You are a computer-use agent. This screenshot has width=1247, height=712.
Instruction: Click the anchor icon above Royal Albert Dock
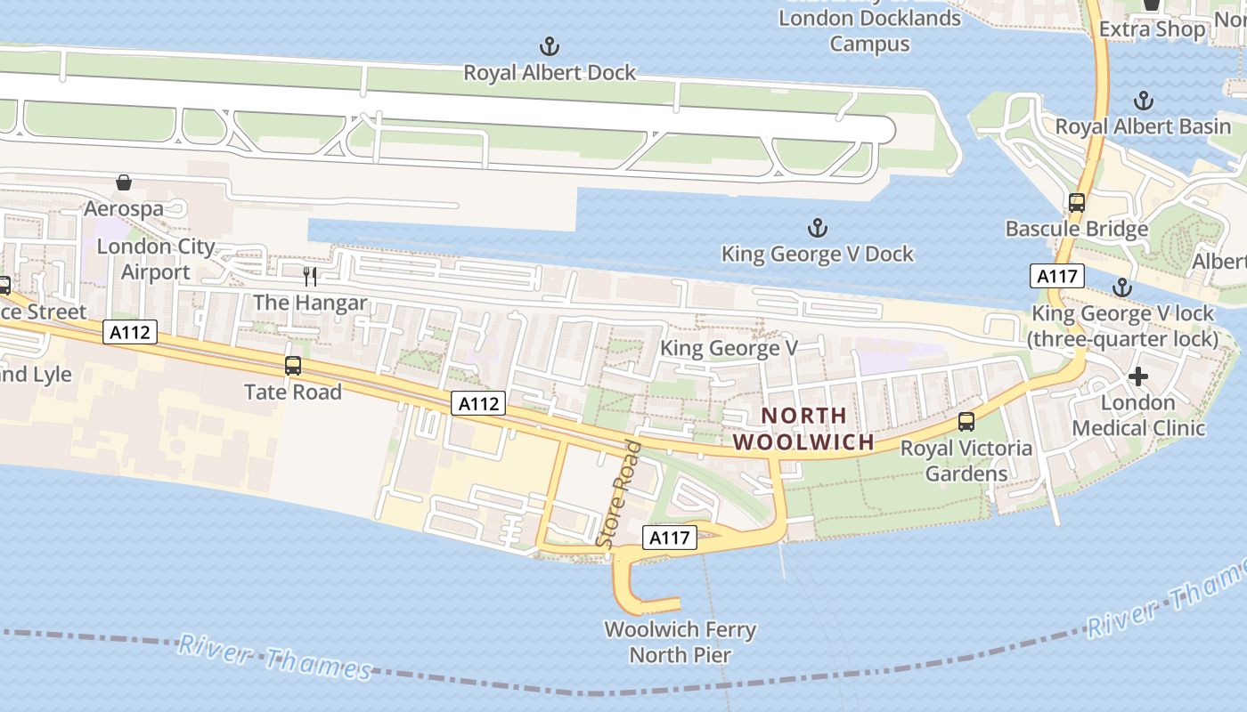(x=550, y=45)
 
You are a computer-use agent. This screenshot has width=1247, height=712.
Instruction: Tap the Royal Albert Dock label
(x=550, y=73)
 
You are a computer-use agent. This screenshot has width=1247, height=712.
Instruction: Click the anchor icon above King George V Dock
(x=817, y=228)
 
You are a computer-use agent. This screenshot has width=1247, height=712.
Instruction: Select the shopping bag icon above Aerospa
(x=124, y=182)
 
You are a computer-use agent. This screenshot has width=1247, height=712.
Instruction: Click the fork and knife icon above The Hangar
(x=310, y=276)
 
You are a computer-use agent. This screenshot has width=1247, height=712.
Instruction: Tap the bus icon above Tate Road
(x=293, y=365)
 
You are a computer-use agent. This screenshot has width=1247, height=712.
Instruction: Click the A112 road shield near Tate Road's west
(x=130, y=333)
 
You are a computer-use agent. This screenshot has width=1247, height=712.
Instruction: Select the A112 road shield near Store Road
(x=477, y=403)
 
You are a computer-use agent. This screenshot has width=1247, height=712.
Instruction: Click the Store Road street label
(x=618, y=494)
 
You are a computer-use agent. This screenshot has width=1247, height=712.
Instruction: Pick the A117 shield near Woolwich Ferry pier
(x=669, y=538)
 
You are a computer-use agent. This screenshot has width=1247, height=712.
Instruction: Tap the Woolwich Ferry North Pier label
(x=681, y=643)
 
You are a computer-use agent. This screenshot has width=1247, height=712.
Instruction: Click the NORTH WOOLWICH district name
(x=803, y=429)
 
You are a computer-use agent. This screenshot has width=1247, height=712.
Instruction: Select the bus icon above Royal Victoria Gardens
(x=966, y=422)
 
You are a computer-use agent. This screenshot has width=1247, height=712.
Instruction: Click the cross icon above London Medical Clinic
(x=1137, y=376)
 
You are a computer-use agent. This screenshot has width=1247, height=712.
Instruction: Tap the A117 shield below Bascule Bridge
(x=1057, y=276)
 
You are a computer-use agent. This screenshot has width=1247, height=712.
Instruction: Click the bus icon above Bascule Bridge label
(x=1077, y=203)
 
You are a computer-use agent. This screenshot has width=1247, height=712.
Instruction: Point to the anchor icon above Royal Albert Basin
(x=1143, y=101)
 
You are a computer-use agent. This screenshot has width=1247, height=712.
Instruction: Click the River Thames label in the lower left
(x=274, y=657)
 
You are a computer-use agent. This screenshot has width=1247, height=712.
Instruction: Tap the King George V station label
(x=729, y=348)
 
